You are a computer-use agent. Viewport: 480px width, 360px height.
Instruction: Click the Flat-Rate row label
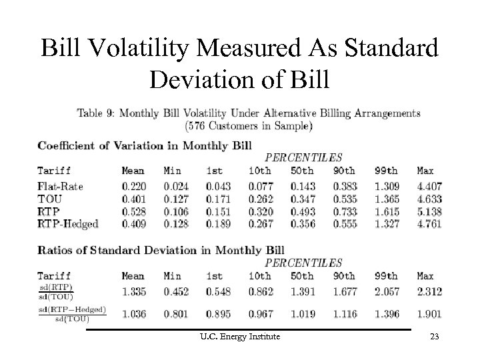pyautogui.click(x=59, y=187)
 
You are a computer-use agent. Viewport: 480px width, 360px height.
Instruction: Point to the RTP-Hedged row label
pyautogui.click(x=68, y=224)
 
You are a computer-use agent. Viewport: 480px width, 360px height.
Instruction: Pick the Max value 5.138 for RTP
pyautogui.click(x=429, y=212)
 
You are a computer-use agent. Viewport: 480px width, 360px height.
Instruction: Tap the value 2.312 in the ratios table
pyautogui.click(x=429, y=291)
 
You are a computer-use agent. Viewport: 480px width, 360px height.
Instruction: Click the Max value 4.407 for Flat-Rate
pyautogui.click(x=429, y=187)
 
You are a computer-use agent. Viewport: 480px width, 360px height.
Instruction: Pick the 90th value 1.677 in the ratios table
pyautogui.click(x=345, y=291)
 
